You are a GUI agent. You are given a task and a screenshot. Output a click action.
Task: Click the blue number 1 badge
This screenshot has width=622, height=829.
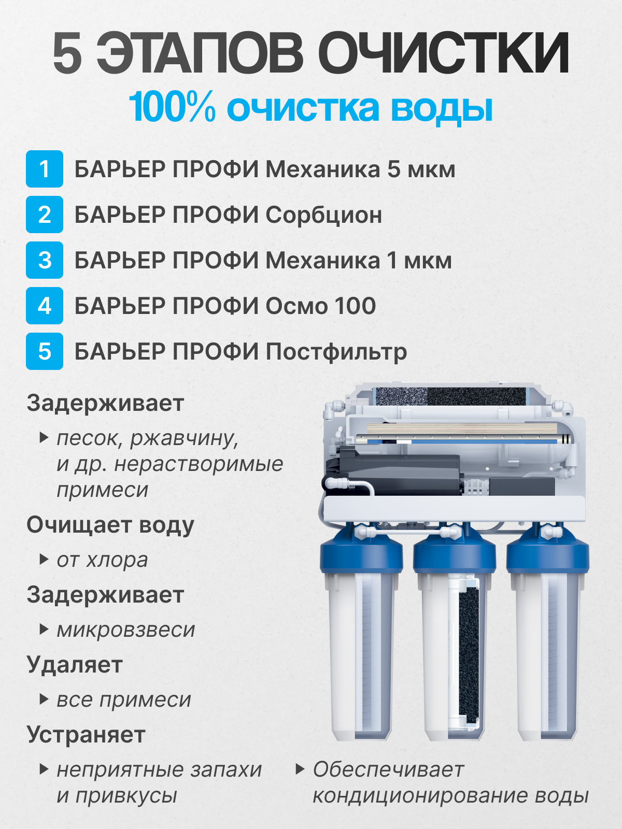(45, 169)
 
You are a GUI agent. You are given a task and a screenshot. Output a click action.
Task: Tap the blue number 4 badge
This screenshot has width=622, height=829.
(45, 306)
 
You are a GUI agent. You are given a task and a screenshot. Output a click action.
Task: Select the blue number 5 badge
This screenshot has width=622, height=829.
(45, 351)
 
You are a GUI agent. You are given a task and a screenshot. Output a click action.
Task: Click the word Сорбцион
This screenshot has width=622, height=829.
(324, 215)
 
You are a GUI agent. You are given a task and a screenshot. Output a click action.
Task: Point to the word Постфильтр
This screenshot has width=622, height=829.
(336, 352)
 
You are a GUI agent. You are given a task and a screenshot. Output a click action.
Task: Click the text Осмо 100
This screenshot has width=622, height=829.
(321, 306)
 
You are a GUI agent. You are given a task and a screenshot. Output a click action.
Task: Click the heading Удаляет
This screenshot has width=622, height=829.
(75, 665)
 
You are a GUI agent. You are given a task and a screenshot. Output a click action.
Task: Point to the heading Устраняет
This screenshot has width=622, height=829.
(86, 735)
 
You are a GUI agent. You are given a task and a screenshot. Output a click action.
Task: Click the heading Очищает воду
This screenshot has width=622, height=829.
(110, 525)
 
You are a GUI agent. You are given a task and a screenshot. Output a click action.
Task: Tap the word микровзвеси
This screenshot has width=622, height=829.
(126, 630)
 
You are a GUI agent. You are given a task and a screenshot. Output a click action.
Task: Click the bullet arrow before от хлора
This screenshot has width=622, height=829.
(44, 560)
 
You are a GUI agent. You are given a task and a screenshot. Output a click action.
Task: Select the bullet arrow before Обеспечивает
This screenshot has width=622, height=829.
(300, 769)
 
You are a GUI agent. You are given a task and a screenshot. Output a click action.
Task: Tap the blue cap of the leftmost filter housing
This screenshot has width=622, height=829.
(361, 554)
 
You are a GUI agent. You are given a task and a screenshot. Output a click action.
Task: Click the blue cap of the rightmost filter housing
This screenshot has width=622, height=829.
(547, 554)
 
